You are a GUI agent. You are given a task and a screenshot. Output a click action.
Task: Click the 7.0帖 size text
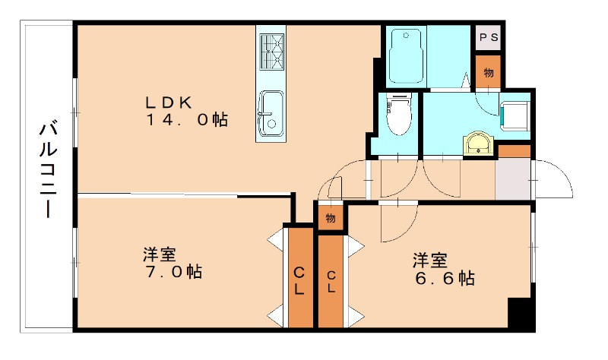click(x=172, y=271)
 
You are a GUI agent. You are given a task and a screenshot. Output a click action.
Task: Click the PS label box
click(x=487, y=38)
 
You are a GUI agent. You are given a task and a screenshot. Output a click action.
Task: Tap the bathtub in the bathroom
click(x=404, y=56)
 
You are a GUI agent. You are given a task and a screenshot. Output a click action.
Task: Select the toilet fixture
click(x=397, y=114)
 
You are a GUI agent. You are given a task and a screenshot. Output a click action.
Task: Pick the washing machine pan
click(x=516, y=114)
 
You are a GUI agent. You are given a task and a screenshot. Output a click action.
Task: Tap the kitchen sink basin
click(x=271, y=106)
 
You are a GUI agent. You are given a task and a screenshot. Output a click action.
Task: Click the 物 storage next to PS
click(x=488, y=72)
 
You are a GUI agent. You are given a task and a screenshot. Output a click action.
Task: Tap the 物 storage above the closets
click(x=331, y=218)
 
